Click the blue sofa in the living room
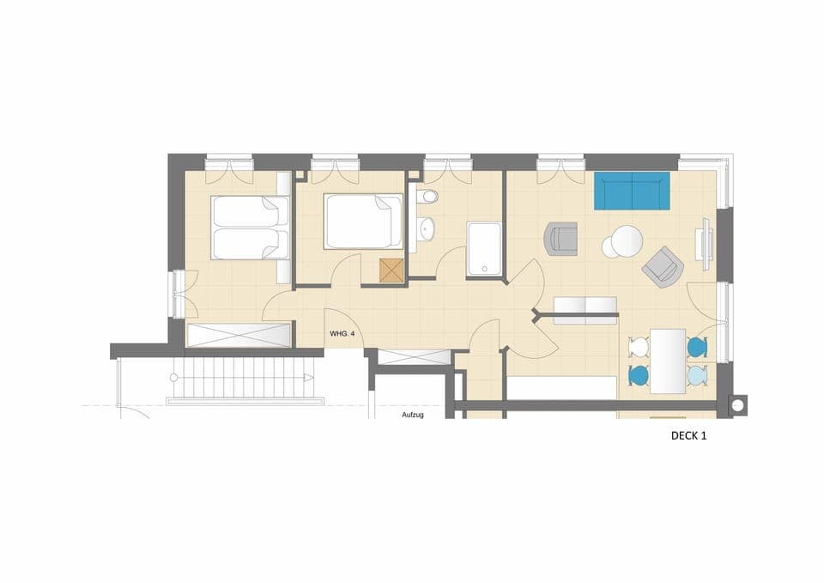632,191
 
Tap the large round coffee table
626,240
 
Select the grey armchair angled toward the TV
663,267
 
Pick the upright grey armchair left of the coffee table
560,239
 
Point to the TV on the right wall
706,239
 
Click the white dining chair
638,348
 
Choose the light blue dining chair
696,375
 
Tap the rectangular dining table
667,361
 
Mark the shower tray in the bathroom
483,249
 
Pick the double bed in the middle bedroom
363,222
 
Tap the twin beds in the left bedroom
250,228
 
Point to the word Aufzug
413,415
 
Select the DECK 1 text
688,435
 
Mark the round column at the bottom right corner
736,404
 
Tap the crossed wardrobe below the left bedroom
239,335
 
